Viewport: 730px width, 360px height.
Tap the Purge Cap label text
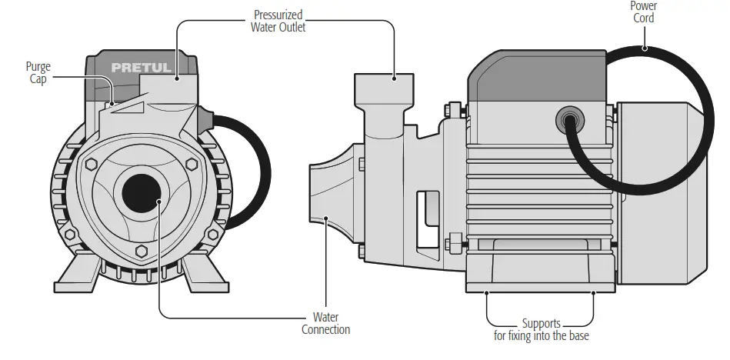pyautogui.click(x=38, y=73)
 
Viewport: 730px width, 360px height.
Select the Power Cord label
pyautogui.click(x=643, y=12)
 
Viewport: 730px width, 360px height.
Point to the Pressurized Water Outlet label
pyautogui.click(x=278, y=21)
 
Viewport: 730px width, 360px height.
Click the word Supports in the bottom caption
pyautogui.click(x=541, y=324)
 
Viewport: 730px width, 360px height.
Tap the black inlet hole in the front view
pyautogui.click(x=139, y=192)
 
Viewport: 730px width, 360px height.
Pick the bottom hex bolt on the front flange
pyautogui.click(x=142, y=252)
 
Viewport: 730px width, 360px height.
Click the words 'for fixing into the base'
pyautogui.click(x=541, y=336)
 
